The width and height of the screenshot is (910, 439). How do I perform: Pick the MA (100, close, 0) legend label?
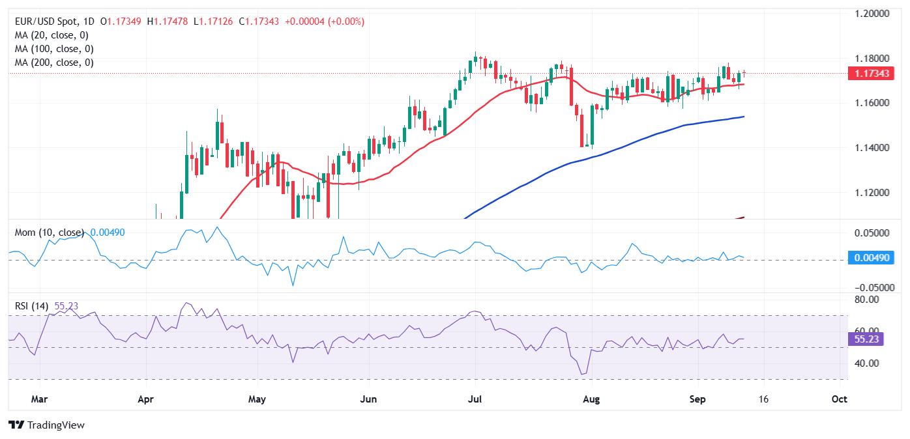pos(53,49)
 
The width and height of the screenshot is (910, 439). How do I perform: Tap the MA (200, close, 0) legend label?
pos(53,63)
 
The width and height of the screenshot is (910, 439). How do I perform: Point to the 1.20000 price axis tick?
pos(872,13)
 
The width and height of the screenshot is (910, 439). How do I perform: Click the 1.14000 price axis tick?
pos(872,148)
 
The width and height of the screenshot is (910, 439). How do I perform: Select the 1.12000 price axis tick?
pos(872,193)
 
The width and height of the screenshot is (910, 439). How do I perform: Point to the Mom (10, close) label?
pos(51,232)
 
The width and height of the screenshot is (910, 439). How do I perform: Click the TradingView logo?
pos(47,425)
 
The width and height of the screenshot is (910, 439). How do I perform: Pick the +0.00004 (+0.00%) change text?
pos(323,21)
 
